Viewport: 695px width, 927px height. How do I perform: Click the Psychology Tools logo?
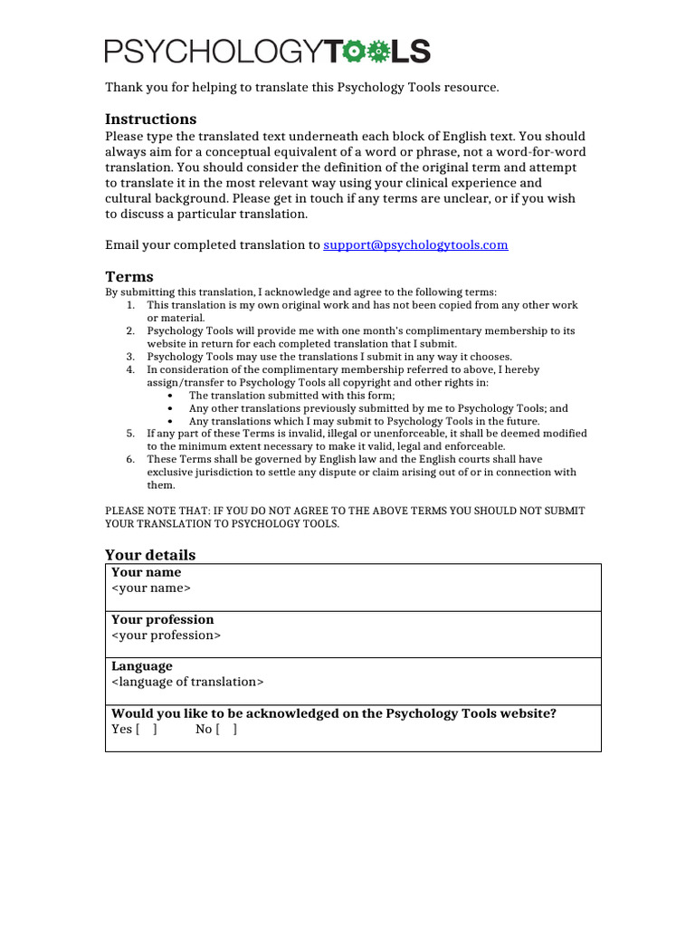click(x=267, y=52)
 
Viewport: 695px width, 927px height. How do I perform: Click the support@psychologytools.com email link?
click(x=415, y=244)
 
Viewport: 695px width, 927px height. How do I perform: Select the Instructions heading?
click(x=150, y=119)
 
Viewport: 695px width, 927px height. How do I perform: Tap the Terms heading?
click(x=129, y=276)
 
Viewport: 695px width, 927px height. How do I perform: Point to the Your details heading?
click(x=150, y=554)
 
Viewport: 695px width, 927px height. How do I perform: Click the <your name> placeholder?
click(x=151, y=588)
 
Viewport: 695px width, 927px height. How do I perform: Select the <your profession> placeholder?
click(x=166, y=635)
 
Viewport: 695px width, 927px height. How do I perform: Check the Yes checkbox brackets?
click(x=147, y=729)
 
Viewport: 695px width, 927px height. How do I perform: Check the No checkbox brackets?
click(x=226, y=729)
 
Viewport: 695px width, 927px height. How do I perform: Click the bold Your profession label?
click(x=163, y=619)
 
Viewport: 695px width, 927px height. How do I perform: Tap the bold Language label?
click(x=141, y=666)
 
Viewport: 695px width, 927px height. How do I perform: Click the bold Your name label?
click(x=146, y=572)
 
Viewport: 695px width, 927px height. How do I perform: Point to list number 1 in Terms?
click(x=130, y=305)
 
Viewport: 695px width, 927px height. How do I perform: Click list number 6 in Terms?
click(x=130, y=459)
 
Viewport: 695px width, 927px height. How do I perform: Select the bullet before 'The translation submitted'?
click(x=172, y=396)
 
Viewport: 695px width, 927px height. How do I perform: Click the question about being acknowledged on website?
click(x=333, y=713)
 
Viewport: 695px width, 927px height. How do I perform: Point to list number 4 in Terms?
click(x=130, y=369)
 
